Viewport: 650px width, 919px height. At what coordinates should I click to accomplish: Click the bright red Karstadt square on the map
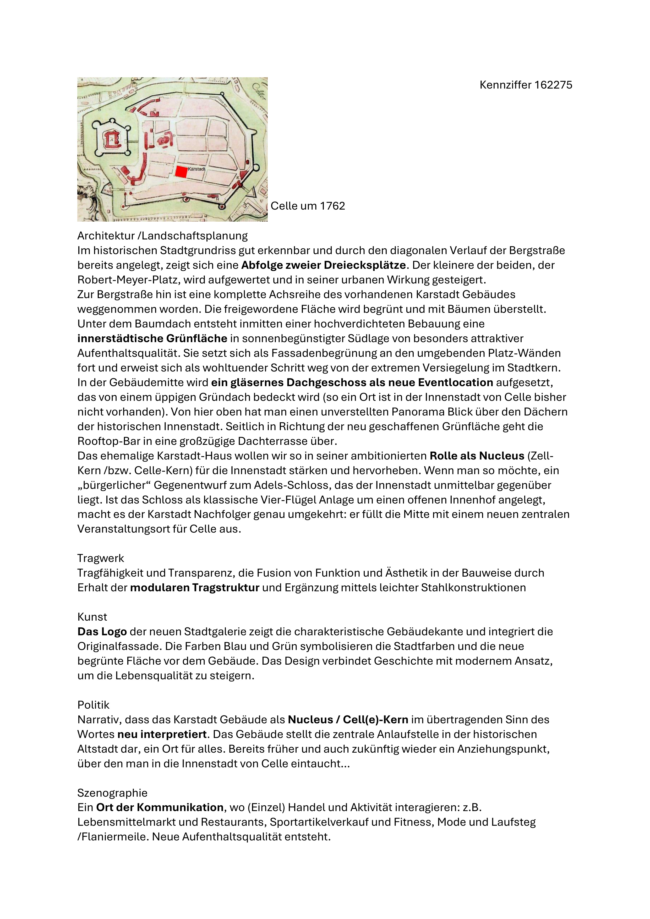point(181,171)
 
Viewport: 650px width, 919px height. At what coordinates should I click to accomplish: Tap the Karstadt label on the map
point(196,169)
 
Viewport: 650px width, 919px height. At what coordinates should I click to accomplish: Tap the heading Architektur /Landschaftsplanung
point(162,236)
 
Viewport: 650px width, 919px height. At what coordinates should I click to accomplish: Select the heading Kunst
point(92,617)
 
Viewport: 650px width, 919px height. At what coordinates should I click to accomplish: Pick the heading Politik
point(94,705)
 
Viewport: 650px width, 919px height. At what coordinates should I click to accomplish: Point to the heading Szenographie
point(112,793)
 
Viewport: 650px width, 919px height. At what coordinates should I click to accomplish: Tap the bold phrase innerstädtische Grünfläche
point(152,339)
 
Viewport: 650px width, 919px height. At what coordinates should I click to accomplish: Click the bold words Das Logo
point(102,632)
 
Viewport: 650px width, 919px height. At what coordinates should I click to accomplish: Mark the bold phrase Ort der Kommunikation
point(160,808)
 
